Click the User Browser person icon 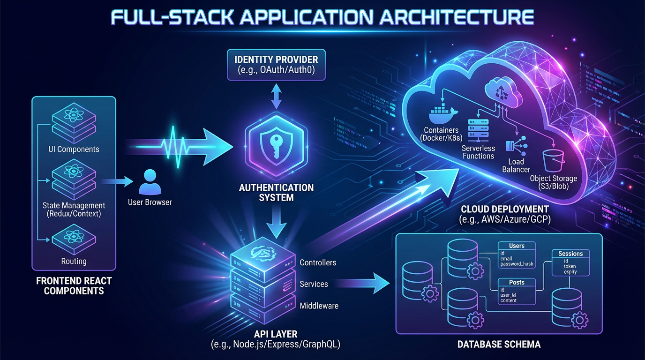pyautogui.click(x=150, y=183)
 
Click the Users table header pyautogui.click(x=517, y=246)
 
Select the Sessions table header pyautogui.click(x=570, y=254)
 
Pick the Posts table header pyautogui.click(x=516, y=282)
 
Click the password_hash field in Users pyautogui.click(x=517, y=264)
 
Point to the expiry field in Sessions pyautogui.click(x=570, y=272)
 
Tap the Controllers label pyautogui.click(x=318, y=262)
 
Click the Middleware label pyautogui.click(x=319, y=306)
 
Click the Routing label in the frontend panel pyautogui.click(x=74, y=261)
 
